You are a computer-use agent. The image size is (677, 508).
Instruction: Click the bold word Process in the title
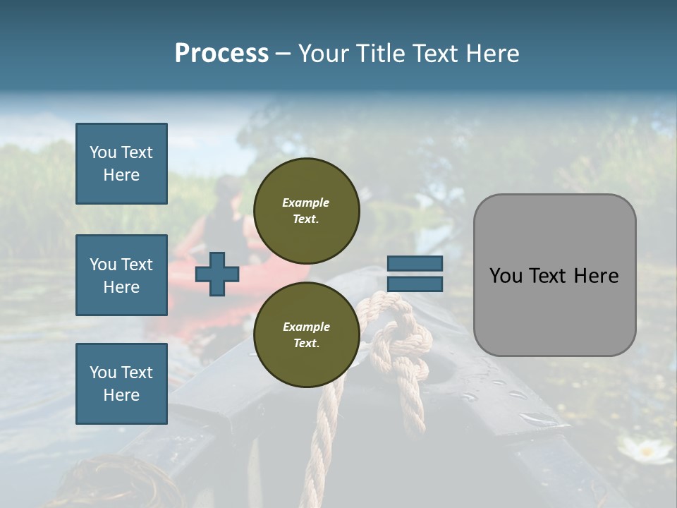pos(221,54)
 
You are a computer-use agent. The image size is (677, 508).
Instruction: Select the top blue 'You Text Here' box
pos(121,164)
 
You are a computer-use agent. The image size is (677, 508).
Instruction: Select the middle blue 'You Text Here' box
pos(121,275)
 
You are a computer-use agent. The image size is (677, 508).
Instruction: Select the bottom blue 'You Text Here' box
pos(121,384)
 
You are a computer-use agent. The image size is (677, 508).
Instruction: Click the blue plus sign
pos(216,274)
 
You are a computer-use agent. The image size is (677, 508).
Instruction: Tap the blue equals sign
pos(415,274)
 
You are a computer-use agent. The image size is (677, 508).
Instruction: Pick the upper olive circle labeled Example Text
pos(306,210)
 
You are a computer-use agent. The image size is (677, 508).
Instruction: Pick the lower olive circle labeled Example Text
pos(306,334)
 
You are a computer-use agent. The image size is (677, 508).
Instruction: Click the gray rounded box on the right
pos(554,275)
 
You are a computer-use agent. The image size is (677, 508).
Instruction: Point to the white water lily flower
pos(645,449)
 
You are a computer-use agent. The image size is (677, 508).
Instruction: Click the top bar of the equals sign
pos(415,263)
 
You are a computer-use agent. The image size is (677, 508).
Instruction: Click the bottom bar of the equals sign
pos(415,284)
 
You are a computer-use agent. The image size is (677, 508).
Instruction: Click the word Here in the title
pos(493,54)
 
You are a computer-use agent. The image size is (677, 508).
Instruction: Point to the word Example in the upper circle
pos(305,202)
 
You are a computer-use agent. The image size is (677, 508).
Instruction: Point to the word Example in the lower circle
pos(306,327)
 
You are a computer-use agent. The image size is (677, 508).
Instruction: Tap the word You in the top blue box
pos(102,152)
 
